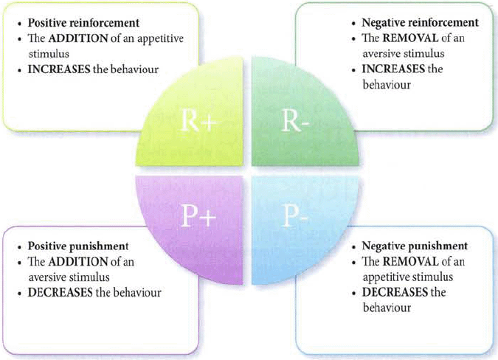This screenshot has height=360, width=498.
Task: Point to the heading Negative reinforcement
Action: click(421, 22)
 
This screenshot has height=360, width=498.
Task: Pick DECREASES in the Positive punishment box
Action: click(60, 293)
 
